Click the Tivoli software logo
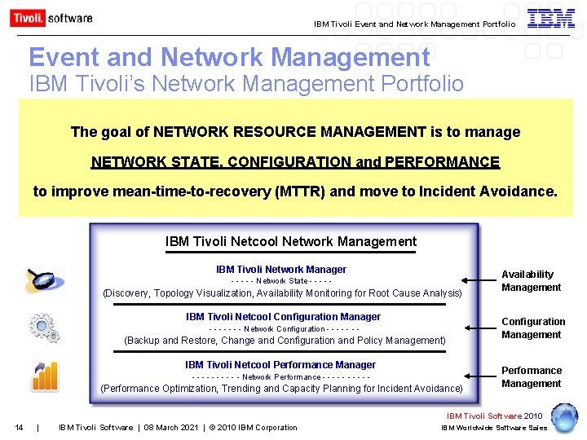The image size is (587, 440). tap(51, 18)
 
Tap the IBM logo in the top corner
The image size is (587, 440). tap(550, 19)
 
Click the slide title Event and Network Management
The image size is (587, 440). tap(229, 57)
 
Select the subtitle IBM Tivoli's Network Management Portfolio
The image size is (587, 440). tap(246, 84)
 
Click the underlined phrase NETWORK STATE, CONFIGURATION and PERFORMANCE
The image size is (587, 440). tap(295, 162)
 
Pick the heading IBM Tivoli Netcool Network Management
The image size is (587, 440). tap(290, 241)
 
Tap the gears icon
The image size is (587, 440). tap(43, 327)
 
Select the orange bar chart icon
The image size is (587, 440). tap(44, 376)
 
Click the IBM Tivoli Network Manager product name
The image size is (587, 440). tap(280, 270)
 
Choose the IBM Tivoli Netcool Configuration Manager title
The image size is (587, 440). tap(283, 317)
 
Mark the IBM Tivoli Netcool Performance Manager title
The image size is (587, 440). tap(280, 365)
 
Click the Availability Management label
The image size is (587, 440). tap(531, 281)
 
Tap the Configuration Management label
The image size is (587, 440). tap(532, 328)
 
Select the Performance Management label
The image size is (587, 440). tap(531, 377)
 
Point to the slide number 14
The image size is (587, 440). tap(19, 428)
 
